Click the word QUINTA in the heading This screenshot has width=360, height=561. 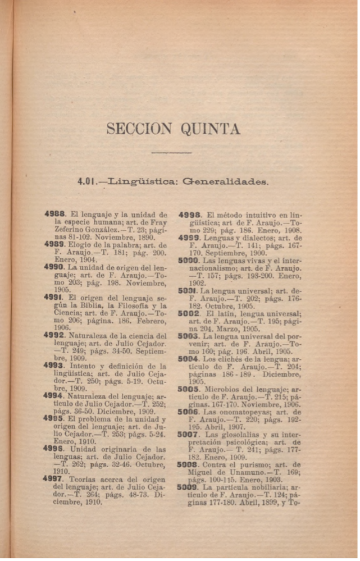210,130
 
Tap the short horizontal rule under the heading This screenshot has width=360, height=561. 172,152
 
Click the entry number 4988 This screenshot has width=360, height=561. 56,215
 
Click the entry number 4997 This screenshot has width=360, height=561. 56,480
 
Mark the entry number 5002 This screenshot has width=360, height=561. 190,313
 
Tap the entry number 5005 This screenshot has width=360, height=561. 189,389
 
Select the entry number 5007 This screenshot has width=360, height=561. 189,435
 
